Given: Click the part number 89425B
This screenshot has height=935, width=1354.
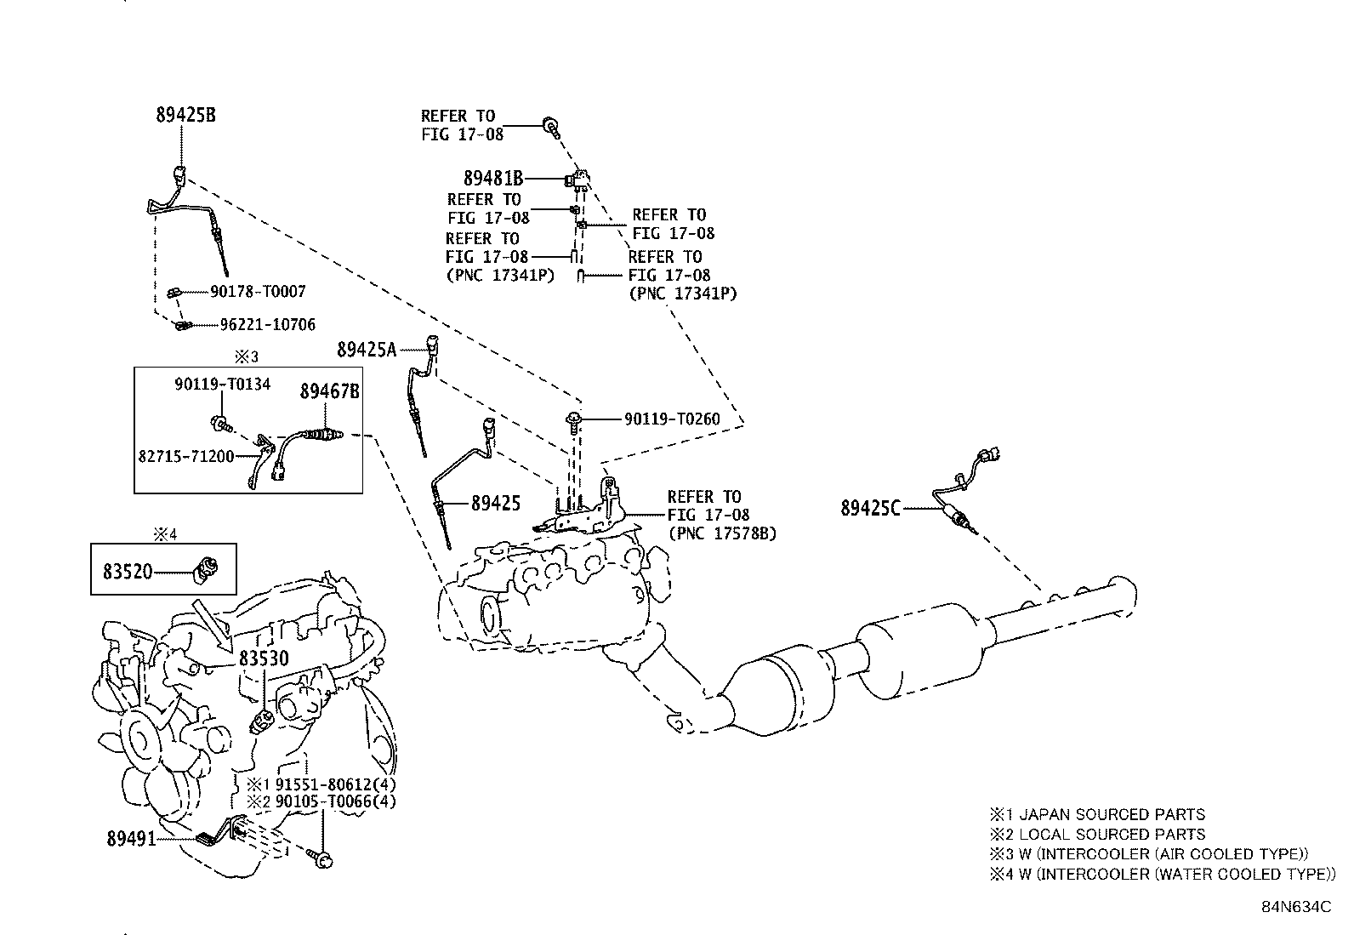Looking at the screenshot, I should tap(185, 115).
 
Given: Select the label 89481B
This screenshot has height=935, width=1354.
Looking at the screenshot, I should tap(492, 179).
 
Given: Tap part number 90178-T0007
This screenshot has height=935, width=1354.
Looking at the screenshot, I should tap(258, 292).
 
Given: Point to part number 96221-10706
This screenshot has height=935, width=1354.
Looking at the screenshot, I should tap(267, 324).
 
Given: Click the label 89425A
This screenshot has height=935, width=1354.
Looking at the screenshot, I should tap(367, 349).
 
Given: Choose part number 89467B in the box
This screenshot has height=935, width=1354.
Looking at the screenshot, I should tap(329, 391).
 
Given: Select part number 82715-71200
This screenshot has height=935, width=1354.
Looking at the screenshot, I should tap(185, 456).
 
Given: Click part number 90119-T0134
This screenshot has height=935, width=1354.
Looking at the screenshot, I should tap(223, 385).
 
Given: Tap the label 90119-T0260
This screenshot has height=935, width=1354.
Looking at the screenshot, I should tap(672, 419).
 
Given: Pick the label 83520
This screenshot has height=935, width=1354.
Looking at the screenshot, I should tap(128, 571).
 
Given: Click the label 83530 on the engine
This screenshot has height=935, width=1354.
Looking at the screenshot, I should tap(263, 658).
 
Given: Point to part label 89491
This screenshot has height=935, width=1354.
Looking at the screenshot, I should tap(131, 839).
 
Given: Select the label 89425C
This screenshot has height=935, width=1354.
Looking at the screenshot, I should tap(869, 509).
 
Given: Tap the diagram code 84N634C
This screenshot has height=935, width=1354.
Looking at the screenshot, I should tap(1295, 907).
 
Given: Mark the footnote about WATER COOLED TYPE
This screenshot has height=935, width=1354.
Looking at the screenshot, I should tap(1160, 874).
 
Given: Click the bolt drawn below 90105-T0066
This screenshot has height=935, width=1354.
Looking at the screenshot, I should tap(322, 859).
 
